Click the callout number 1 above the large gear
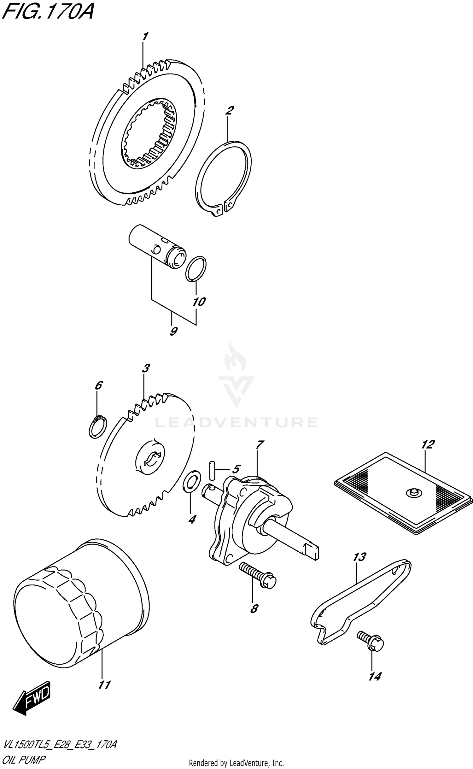tap(145, 37)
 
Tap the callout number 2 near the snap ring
tap(229, 111)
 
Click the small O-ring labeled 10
tap(196, 268)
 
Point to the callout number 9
tap(173, 332)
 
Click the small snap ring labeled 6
tap(98, 428)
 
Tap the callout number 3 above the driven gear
tap(145, 368)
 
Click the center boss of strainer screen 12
tap(414, 492)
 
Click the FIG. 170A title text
tap(47, 13)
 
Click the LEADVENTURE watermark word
tap(237, 422)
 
